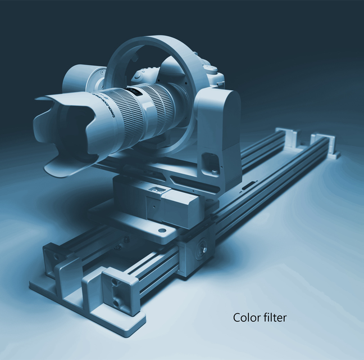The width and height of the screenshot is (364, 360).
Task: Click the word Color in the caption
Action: click(245, 318)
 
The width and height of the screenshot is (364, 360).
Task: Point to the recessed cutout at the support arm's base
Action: click(211, 163)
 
